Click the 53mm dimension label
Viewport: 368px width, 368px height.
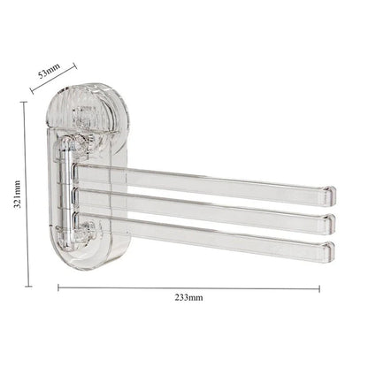coord(50,71)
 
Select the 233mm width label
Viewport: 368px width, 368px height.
coord(188,299)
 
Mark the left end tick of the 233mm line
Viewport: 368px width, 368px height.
coord(58,287)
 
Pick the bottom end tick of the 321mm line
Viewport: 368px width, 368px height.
coord(30,286)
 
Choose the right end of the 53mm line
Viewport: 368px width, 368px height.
coord(76,64)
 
